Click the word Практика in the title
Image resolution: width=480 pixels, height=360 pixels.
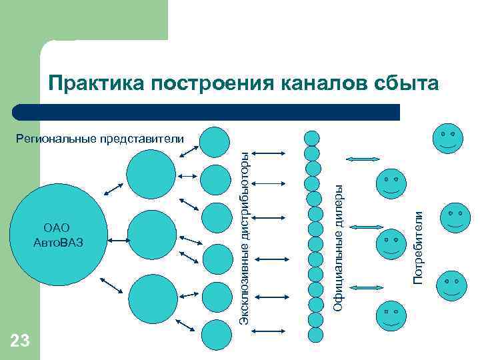click(x=96, y=83)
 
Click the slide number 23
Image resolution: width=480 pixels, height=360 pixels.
click(x=20, y=341)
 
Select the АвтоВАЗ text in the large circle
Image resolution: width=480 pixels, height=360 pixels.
click(x=57, y=241)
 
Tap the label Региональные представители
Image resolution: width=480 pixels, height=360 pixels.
click(x=99, y=139)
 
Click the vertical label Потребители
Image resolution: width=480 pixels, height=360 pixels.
click(x=419, y=247)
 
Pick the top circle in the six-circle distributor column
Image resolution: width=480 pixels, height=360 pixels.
click(x=215, y=141)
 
